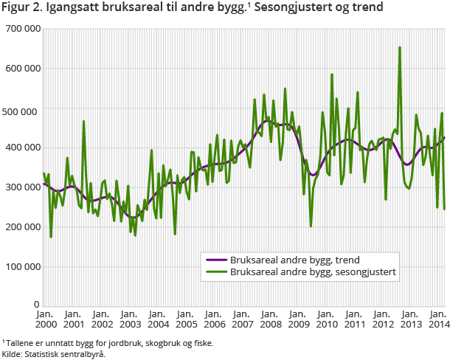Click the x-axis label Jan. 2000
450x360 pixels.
click(44, 319)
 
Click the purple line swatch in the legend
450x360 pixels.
click(215, 260)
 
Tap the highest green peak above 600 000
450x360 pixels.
click(400, 48)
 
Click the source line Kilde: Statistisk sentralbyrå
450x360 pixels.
click(53, 354)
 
